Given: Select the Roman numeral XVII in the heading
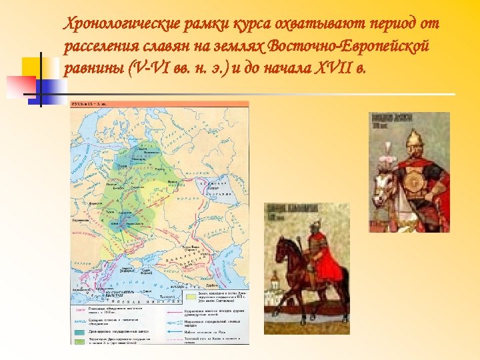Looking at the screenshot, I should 329,69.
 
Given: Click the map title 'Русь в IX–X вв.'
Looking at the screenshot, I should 90,105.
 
